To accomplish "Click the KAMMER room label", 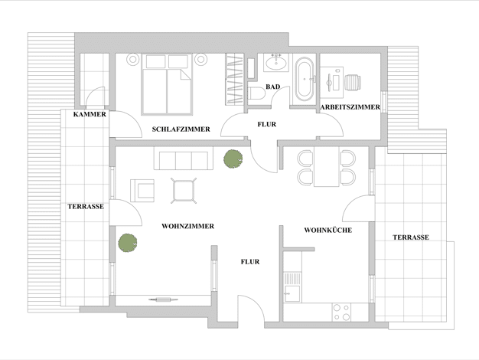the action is click(90, 114).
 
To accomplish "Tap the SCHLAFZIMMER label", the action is click(181, 129).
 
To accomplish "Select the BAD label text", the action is click(273, 87).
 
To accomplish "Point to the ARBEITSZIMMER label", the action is click(350, 107).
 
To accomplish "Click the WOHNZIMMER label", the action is click(188, 226).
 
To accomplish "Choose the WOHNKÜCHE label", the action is click(328, 230).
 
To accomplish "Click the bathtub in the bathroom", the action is click(305, 79).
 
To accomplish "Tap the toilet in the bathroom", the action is click(256, 93).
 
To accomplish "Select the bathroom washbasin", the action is click(276, 62).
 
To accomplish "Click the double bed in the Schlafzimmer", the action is click(167, 84).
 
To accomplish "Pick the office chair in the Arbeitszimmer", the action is click(354, 82).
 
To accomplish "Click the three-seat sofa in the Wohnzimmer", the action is click(184, 158).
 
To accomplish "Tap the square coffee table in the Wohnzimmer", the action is click(184, 190).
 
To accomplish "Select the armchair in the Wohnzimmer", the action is click(142, 191).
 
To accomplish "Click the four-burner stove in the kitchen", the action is click(341, 313).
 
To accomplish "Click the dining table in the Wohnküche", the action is click(326, 167).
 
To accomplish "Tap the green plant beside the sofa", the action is click(233, 159).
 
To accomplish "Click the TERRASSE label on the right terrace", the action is click(411, 237).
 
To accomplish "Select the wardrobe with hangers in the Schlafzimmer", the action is click(234, 80).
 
